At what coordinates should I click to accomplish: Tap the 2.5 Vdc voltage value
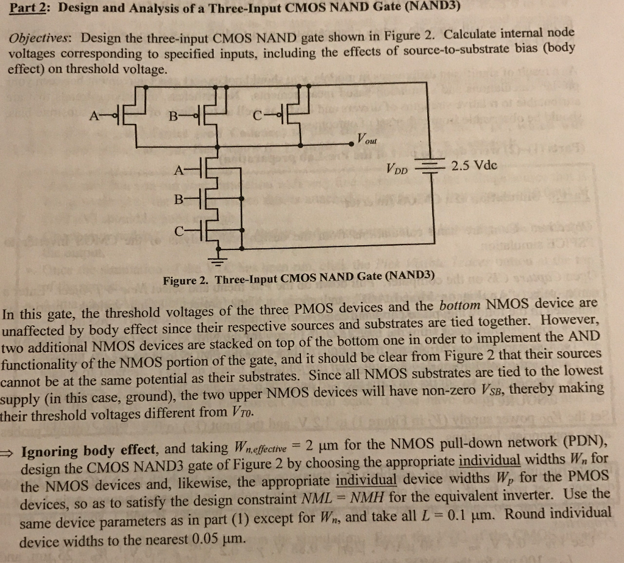tap(474, 165)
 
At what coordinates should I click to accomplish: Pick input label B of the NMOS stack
tap(178, 199)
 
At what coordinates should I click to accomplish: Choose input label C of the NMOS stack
tap(178, 232)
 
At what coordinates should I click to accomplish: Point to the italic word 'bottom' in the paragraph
tap(459, 304)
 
